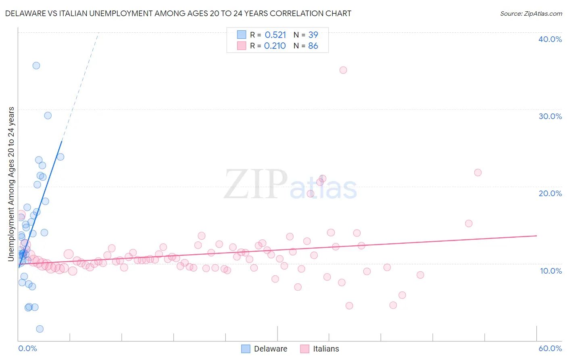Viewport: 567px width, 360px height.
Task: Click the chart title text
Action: tap(178, 13)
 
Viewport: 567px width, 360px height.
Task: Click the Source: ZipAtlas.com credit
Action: tap(531, 13)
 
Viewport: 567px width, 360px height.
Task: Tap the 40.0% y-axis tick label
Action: tap(550, 39)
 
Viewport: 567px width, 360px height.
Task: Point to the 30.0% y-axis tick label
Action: tap(550, 116)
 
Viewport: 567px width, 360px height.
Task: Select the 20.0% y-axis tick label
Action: tap(550, 193)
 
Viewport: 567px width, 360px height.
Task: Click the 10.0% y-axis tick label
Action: tap(550, 271)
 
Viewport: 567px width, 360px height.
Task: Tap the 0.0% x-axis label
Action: tap(27, 348)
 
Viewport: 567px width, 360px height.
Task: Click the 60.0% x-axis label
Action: tap(550, 348)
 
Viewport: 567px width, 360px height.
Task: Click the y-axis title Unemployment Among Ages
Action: tap(11, 184)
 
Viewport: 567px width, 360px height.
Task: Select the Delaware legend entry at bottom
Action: tap(264, 349)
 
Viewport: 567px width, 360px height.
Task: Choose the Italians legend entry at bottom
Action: tap(320, 349)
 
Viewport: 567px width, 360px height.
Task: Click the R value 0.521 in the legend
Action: tap(275, 35)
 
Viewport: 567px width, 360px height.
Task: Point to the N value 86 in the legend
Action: tap(313, 46)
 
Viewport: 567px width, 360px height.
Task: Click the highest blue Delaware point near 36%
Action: tap(36, 65)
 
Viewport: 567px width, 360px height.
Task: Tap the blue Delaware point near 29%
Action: tap(48, 115)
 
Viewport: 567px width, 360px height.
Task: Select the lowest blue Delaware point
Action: tap(40, 329)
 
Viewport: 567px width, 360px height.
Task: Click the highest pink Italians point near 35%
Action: tap(343, 70)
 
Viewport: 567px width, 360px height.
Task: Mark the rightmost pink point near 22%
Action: tap(478, 172)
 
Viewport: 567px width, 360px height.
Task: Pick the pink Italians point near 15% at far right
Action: tap(469, 223)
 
